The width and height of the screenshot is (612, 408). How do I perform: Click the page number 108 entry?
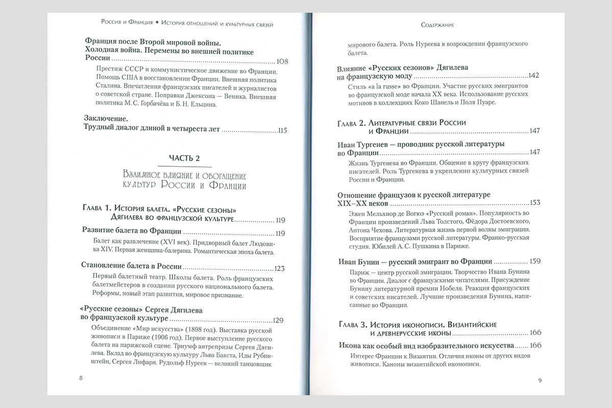point(280,62)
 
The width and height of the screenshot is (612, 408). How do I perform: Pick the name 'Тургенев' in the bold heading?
point(383,144)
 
